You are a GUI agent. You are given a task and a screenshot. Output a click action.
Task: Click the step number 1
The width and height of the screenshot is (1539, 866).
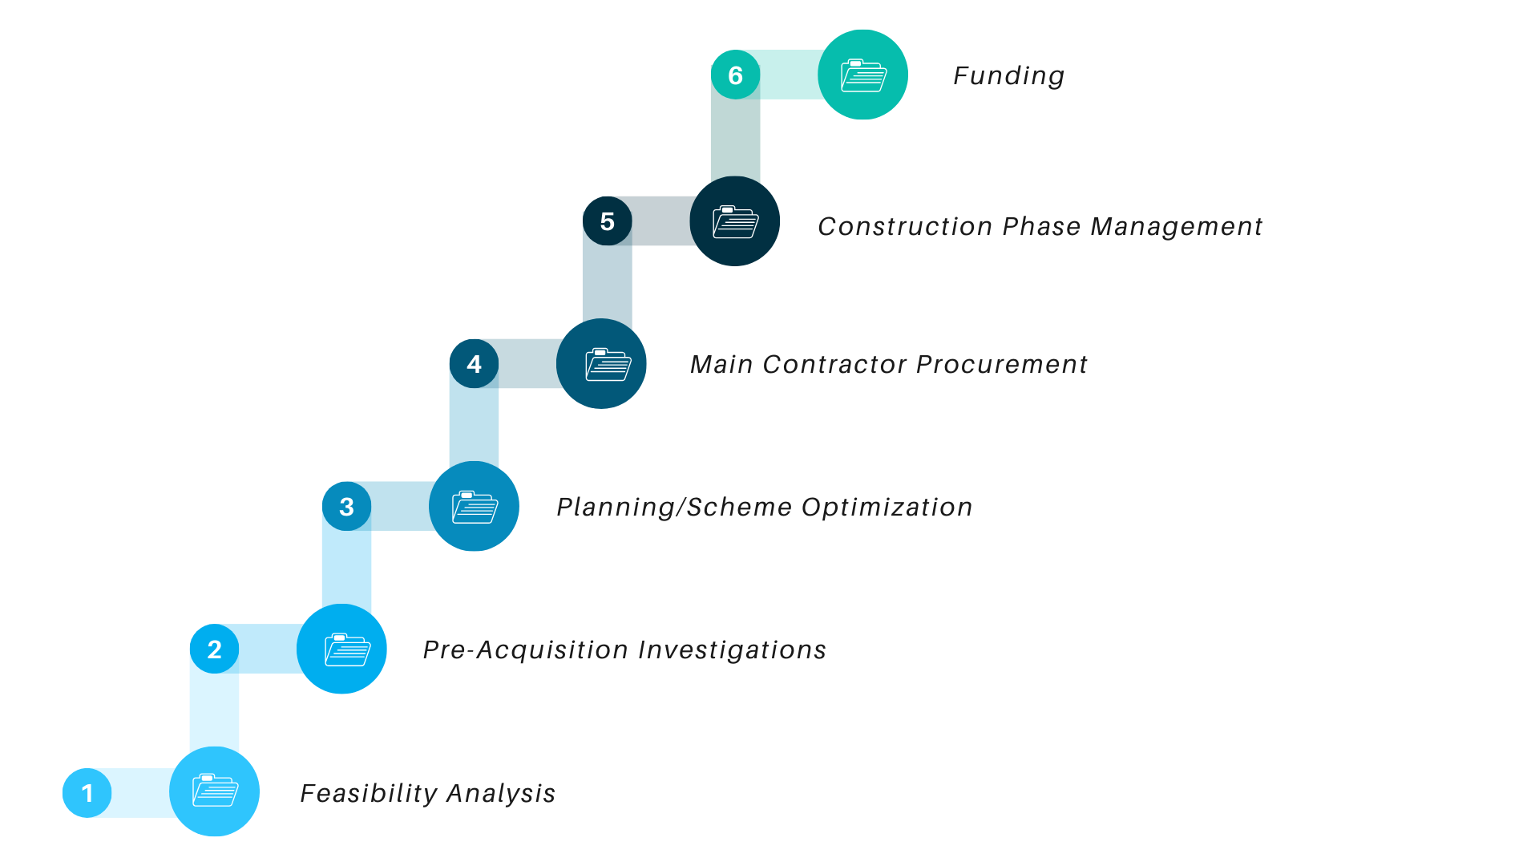point(87,793)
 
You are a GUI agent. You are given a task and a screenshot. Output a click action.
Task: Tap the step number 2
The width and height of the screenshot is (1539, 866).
point(214,649)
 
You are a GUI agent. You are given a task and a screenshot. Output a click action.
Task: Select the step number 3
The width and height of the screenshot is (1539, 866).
point(346,507)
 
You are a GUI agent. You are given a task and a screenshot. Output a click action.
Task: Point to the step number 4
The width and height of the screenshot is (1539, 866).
point(474,364)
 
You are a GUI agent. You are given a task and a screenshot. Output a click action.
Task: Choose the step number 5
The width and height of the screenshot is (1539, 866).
point(607,221)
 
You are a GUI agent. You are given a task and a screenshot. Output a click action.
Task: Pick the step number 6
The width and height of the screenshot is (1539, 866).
point(735,75)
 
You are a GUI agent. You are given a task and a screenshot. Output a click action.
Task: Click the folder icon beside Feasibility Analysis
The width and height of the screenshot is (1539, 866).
point(216,791)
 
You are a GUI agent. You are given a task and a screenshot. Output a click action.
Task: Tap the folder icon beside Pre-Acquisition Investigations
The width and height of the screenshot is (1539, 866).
point(347,649)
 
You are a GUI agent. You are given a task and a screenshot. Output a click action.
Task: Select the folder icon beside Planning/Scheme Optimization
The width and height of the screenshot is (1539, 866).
point(475,507)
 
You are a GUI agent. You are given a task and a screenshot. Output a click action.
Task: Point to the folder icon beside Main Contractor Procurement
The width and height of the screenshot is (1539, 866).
point(608,364)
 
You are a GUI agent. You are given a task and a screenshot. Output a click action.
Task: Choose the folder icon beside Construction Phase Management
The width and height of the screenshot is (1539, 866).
point(736,222)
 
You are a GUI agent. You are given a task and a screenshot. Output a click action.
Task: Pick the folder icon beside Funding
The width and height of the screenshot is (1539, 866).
point(863,75)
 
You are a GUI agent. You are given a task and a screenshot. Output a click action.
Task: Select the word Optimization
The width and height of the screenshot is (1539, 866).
point(886,507)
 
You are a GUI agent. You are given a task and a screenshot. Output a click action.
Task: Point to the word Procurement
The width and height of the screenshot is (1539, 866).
point(1001,364)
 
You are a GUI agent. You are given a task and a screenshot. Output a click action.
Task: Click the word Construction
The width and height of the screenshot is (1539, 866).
point(905,226)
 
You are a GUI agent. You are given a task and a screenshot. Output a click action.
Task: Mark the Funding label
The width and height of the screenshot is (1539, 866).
point(1008,75)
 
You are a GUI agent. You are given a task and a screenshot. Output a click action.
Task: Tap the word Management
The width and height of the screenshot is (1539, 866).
point(1176,226)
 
